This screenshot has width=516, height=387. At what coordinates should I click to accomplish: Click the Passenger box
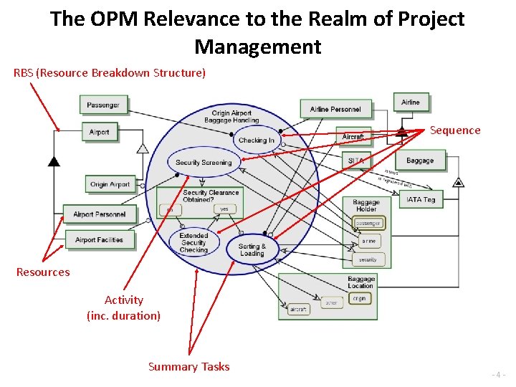103,105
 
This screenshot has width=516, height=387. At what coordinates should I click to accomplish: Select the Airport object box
100,132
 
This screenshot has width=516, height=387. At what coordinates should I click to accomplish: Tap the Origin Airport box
110,184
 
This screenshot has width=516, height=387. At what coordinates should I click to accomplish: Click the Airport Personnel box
99,214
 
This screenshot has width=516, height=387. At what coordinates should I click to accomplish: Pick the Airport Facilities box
99,240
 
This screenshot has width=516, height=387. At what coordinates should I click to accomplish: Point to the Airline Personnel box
335,109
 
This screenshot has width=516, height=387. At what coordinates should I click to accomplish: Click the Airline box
411,102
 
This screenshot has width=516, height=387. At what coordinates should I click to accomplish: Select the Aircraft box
353,137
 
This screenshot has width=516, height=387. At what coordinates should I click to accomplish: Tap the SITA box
356,161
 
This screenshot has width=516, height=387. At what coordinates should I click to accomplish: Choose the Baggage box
420,161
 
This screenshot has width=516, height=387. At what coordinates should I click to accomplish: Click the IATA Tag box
421,199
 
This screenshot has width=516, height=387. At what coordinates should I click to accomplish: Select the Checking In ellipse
257,140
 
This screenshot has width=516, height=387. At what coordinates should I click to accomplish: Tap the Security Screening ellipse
204,163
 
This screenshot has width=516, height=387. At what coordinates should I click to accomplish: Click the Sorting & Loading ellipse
252,249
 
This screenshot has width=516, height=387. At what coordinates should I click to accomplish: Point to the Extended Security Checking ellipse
193,242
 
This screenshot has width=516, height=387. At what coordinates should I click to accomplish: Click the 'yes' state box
224,209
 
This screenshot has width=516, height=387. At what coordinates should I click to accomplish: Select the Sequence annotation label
455,130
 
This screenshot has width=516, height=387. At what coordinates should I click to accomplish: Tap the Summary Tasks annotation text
188,367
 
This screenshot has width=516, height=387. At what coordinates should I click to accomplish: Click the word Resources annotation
43,272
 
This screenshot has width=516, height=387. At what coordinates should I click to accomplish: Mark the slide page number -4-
499,375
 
